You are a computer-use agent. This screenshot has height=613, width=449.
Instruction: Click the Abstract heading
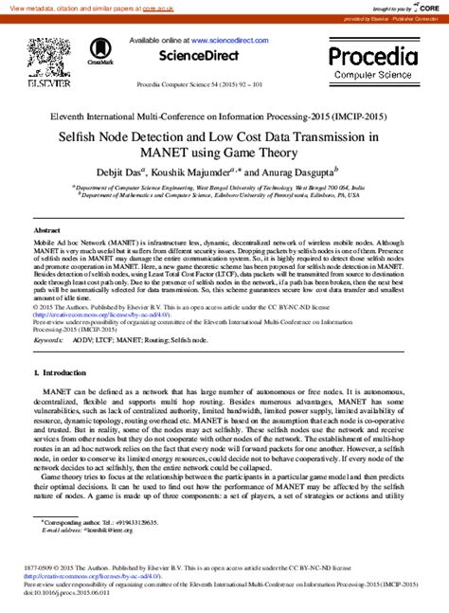pyautogui.click(x=46, y=230)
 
